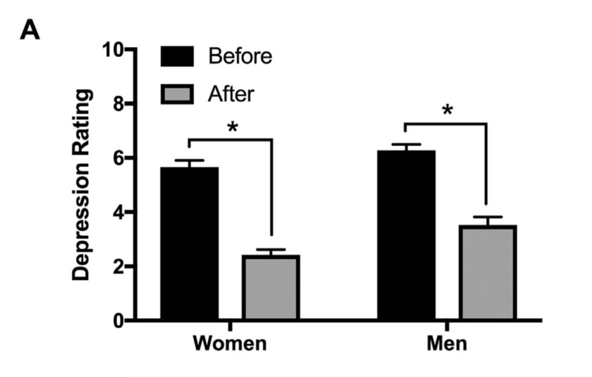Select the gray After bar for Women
[x=271, y=288]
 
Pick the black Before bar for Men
[x=406, y=235]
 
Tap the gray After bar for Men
[x=487, y=272]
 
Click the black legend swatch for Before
[x=176, y=57]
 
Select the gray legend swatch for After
[x=176, y=94]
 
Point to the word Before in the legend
[x=240, y=57]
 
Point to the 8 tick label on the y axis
[x=119, y=104]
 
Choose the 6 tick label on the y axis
[x=119, y=158]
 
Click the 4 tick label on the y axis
[x=119, y=213]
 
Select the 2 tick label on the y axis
[x=119, y=266]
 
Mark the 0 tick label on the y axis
[x=119, y=320]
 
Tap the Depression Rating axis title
[x=82, y=184]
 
